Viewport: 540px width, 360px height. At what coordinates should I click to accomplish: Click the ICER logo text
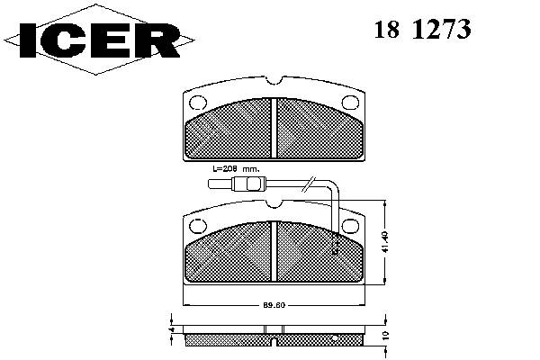pyautogui.click(x=100, y=40)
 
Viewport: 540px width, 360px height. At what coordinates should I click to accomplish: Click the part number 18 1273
pyautogui.click(x=422, y=29)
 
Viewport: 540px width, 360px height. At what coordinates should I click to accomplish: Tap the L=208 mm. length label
pyautogui.click(x=236, y=169)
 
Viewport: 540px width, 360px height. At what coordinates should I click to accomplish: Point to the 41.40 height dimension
pyautogui.click(x=385, y=242)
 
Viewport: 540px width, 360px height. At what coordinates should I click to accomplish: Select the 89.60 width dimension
pyautogui.click(x=274, y=305)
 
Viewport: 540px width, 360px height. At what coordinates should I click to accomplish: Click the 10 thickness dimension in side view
pyautogui.click(x=385, y=336)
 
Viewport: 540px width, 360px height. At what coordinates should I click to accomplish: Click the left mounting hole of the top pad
pyautogui.click(x=198, y=103)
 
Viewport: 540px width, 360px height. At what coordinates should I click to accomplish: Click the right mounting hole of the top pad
pyautogui.click(x=350, y=103)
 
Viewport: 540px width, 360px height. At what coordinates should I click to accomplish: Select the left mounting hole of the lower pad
pyautogui.click(x=198, y=226)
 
